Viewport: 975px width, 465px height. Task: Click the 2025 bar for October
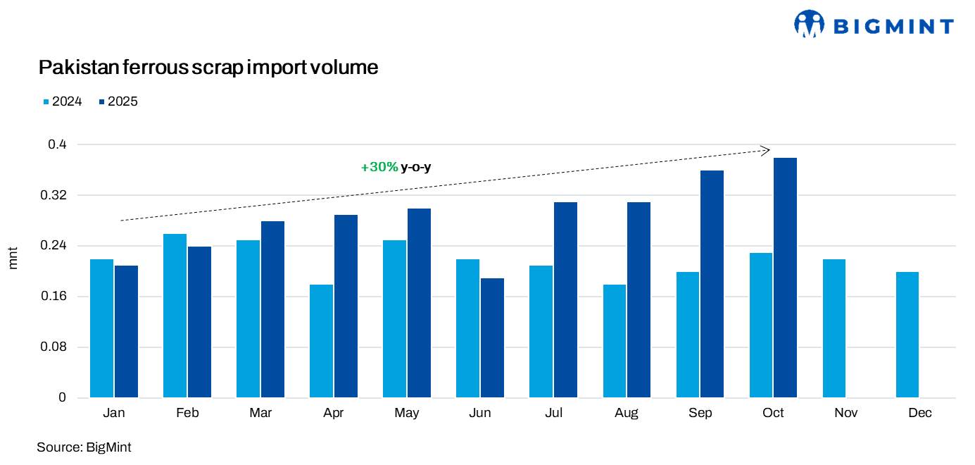[x=785, y=278]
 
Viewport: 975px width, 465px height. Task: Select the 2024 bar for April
[x=321, y=341]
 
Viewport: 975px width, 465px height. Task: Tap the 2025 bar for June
[x=492, y=338]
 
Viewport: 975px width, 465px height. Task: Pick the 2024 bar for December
[x=907, y=335]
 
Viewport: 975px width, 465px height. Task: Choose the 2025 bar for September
[x=712, y=284]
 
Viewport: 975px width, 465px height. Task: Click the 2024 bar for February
[x=175, y=316]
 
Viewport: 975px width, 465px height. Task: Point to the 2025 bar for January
[x=127, y=332]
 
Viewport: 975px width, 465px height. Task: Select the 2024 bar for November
[x=834, y=328]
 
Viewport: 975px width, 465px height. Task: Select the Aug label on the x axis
[x=627, y=414]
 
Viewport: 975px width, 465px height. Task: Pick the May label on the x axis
[x=407, y=414]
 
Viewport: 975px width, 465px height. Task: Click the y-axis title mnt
[x=13, y=259]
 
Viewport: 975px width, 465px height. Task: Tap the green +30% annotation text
[x=379, y=168]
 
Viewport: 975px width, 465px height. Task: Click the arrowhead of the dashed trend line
[x=767, y=149]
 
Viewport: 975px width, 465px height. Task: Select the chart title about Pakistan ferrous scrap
[x=208, y=68]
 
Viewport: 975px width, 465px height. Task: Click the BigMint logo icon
[x=809, y=24]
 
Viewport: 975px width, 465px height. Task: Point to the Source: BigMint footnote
[x=84, y=447]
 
